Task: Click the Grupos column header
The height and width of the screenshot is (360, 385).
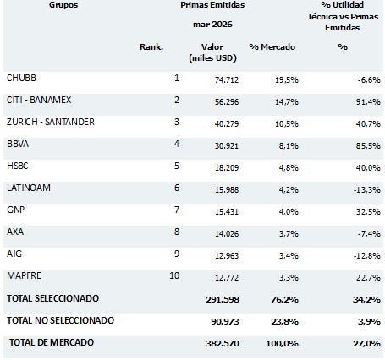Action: pos(63,5)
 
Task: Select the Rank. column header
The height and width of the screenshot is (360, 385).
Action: pos(151,46)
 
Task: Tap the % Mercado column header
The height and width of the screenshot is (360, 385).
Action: pos(272,46)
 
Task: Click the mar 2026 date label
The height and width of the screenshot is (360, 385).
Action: pos(212,25)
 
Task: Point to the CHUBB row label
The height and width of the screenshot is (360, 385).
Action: pos(21,78)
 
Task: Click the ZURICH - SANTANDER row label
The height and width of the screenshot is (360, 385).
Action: pos(51,122)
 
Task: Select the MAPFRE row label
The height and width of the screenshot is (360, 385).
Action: pos(24,275)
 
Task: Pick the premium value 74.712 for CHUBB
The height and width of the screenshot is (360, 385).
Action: pos(227,80)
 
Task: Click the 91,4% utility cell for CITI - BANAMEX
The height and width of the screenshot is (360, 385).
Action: pos(368,101)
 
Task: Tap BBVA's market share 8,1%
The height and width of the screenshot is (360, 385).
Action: pos(289,146)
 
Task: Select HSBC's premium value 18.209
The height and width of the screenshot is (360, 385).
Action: pos(227,168)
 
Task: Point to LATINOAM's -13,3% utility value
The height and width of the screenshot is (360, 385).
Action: pos(367,190)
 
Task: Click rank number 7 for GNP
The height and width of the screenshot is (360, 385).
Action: pos(177,210)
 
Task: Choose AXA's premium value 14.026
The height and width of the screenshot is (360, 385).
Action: pos(227,234)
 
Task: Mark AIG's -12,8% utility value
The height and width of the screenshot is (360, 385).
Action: pos(367,256)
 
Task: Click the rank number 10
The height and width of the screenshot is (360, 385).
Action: pos(174,275)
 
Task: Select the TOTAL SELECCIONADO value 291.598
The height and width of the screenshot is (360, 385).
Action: pos(223,299)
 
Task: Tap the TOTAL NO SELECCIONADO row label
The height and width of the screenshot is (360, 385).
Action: pos(61,320)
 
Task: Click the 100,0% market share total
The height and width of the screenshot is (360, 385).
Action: pos(283,344)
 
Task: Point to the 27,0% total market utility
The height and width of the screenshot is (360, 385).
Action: pos(366,344)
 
